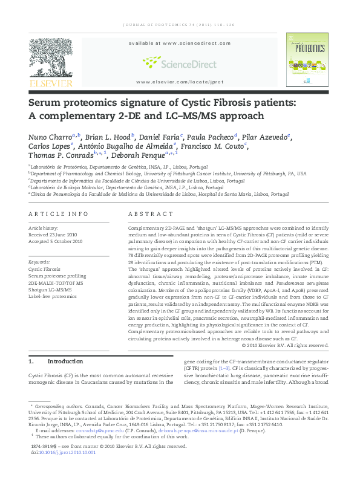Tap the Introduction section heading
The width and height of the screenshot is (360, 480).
pos(64,362)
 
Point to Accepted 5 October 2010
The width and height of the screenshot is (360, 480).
pos(56,241)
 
